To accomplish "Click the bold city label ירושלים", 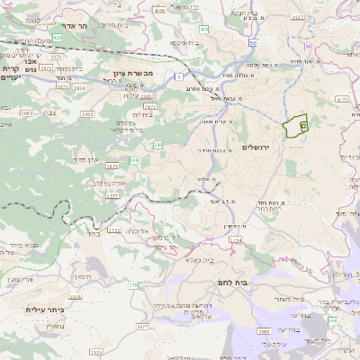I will click(263, 147).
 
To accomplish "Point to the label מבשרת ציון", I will click(134, 71).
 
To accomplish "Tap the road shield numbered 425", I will click(57, 38).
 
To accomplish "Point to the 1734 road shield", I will click(235, 240).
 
